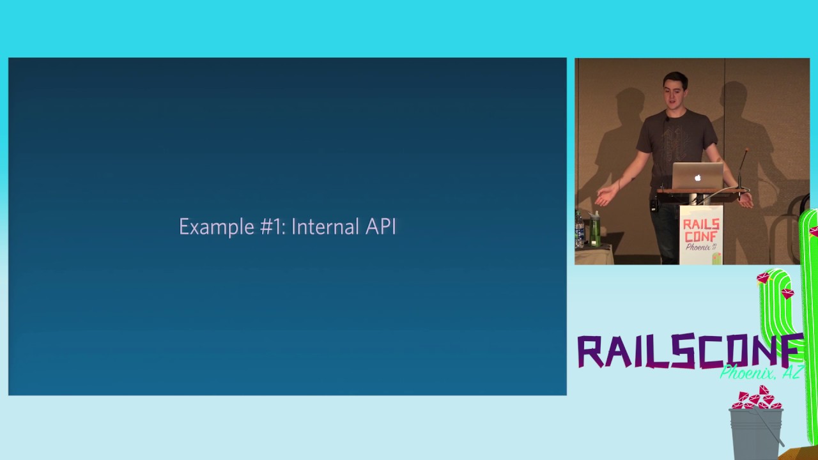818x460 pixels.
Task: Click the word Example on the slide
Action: click(x=217, y=227)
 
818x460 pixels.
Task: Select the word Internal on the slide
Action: click(x=325, y=226)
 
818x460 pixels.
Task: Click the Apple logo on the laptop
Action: click(x=698, y=178)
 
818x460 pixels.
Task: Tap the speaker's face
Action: click(x=674, y=96)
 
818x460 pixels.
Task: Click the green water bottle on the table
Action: click(x=594, y=229)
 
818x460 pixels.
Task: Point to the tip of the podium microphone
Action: click(x=747, y=149)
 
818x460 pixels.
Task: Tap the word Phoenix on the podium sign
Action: click(x=698, y=247)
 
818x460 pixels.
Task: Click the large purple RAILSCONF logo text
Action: click(x=690, y=351)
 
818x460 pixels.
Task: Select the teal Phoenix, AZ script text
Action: click(x=761, y=372)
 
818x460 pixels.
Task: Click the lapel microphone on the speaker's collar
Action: click(x=667, y=119)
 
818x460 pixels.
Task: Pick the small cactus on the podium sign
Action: click(x=716, y=258)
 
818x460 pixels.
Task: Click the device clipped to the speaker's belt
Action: click(x=653, y=205)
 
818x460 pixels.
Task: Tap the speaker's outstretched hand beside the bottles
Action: click(x=605, y=197)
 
